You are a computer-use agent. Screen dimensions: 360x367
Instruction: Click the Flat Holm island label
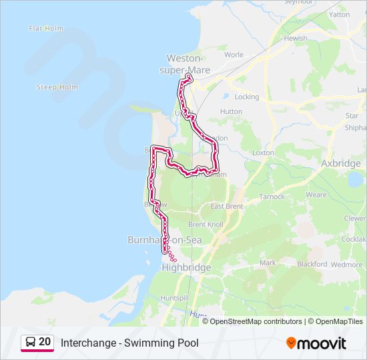[45, 29]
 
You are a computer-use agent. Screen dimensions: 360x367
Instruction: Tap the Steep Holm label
[57, 87]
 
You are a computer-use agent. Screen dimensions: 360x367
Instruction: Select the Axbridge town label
[341, 163]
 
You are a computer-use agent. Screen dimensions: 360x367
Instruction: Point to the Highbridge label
[186, 267]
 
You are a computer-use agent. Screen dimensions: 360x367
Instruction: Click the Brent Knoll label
[206, 225]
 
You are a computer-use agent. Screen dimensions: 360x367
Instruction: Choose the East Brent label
[226, 207]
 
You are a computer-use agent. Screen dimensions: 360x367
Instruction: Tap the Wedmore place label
[347, 264]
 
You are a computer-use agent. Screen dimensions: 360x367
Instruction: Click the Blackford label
[312, 264]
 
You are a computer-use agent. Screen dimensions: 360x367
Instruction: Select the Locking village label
[247, 97]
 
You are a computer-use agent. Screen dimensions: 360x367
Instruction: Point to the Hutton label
[231, 112]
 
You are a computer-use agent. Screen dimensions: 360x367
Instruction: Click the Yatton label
[339, 14]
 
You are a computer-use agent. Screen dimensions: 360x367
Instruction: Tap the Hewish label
[296, 39]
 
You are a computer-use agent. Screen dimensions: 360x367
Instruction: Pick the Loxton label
[264, 153]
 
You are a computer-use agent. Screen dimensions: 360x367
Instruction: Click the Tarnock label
[272, 197]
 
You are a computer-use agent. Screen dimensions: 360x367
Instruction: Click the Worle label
[234, 55]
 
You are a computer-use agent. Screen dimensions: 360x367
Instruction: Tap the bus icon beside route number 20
[31, 343]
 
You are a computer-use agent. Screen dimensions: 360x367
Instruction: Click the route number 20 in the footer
[45, 342]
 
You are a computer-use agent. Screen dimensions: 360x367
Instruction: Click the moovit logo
[316, 343]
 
